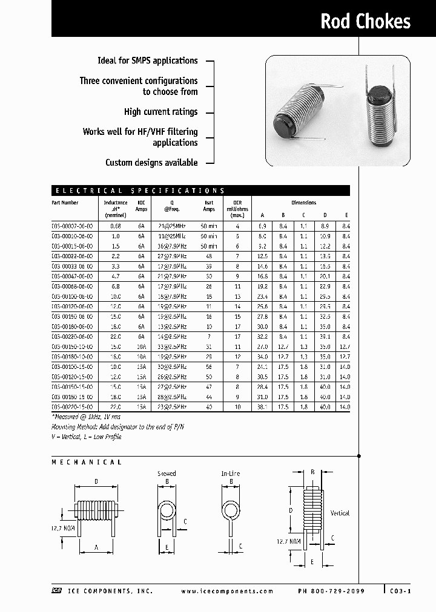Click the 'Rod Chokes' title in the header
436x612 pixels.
pyautogui.click(x=365, y=22)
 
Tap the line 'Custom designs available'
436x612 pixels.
pyautogui.click(x=151, y=163)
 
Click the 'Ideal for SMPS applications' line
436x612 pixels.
pyautogui.click(x=147, y=60)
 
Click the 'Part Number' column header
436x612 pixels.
pyautogui.click(x=65, y=203)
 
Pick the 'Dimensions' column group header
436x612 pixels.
pyautogui.click(x=303, y=203)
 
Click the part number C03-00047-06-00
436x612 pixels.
pyautogui.click(x=72, y=276)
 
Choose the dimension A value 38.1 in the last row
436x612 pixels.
pyautogui.click(x=262, y=408)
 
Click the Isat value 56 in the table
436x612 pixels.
pyautogui.click(x=209, y=367)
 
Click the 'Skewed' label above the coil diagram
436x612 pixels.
pyautogui.click(x=167, y=474)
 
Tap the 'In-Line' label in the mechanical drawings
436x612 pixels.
pyautogui.click(x=231, y=474)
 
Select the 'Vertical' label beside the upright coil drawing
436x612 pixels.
pyautogui.click(x=340, y=513)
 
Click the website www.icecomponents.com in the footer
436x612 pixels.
pyautogui.click(x=227, y=591)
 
